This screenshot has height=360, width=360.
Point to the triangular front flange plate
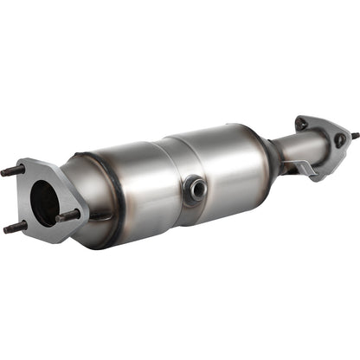33,177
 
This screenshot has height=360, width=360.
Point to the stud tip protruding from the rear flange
354,135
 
